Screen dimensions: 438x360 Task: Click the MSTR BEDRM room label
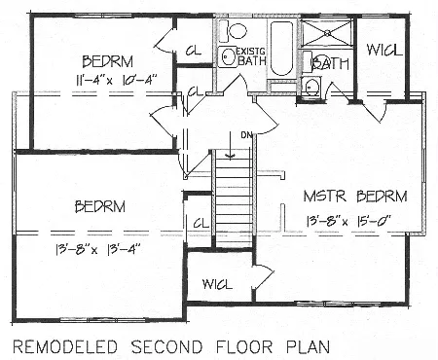355,197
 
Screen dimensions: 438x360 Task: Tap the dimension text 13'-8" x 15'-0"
348,222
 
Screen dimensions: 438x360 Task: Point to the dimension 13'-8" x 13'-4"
98,250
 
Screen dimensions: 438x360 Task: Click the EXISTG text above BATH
251,51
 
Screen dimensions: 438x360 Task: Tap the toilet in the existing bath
233,31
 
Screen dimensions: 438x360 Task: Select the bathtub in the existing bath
281,48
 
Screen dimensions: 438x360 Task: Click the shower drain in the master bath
327,32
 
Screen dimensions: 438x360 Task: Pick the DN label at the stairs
246,135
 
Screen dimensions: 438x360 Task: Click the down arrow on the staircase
231,145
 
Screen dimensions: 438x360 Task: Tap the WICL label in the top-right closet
384,51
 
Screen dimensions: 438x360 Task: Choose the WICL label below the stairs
217,284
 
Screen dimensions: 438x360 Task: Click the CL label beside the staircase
201,223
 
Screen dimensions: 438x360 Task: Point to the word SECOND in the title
166,347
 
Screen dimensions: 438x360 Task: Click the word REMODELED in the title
65,347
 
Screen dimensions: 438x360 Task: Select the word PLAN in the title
308,347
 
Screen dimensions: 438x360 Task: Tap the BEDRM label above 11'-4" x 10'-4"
108,61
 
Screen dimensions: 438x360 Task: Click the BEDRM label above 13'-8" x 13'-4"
100,206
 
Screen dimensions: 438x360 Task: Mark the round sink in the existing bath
227,56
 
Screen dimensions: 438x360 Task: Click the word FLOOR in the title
244,347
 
